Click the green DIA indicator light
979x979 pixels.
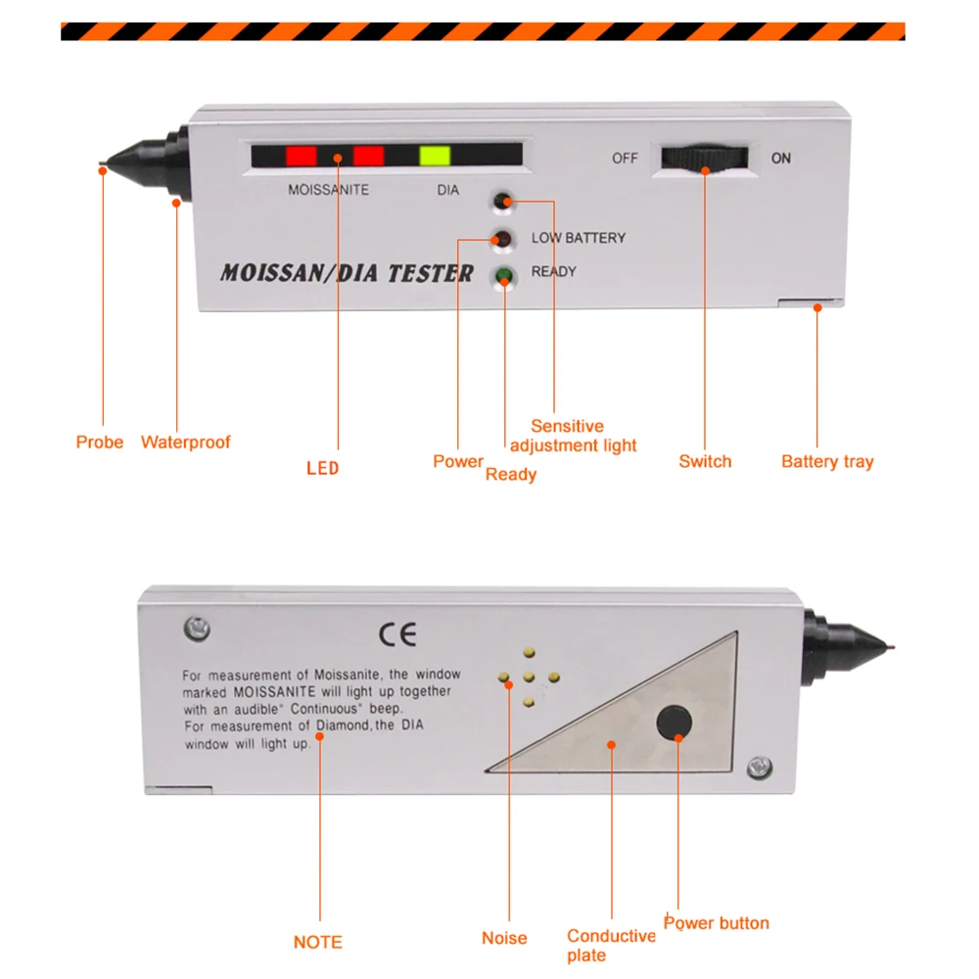[434, 156]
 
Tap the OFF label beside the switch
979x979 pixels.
[625, 158]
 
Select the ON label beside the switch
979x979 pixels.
[780, 158]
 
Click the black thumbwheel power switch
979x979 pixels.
[704, 159]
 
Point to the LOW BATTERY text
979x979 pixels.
[578, 238]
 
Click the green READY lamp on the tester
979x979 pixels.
[504, 276]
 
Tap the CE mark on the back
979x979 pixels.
[397, 634]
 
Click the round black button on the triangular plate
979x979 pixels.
[674, 723]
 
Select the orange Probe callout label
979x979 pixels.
[100, 443]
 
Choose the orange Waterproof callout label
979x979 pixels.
[186, 443]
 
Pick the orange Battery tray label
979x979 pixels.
[827, 462]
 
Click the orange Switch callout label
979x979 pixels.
[705, 462]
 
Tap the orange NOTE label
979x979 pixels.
[318, 943]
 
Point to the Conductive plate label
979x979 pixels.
[611, 946]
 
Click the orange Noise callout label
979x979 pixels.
[504, 938]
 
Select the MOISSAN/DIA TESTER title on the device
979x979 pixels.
[347, 273]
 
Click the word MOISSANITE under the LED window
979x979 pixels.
[328, 190]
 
